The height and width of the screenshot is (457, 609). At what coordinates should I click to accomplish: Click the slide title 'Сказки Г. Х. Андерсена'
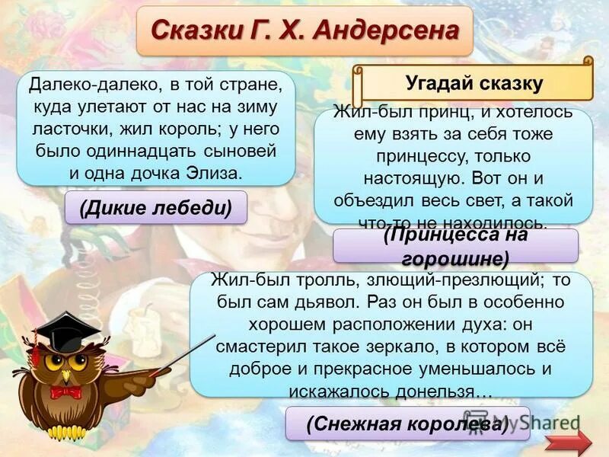(304, 30)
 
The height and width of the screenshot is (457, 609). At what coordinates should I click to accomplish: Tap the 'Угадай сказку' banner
(473, 82)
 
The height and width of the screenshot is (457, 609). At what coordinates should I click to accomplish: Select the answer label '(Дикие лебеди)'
(156, 207)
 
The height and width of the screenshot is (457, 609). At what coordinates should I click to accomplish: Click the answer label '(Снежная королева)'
(407, 423)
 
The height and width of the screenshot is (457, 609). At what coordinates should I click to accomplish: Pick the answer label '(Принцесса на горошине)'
(456, 246)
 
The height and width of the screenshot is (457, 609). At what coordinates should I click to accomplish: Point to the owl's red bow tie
(65, 392)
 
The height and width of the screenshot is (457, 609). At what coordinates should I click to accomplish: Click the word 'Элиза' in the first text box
(217, 171)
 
